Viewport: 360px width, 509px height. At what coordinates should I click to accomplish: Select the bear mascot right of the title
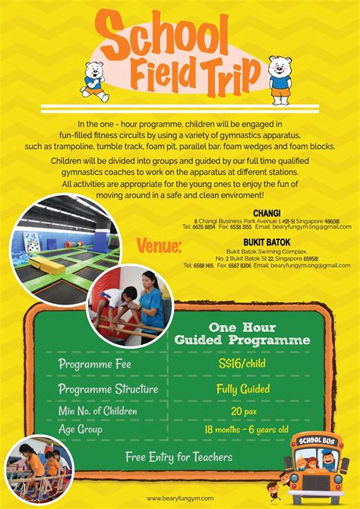[279, 77]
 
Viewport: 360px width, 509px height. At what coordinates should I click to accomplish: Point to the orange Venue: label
[159, 246]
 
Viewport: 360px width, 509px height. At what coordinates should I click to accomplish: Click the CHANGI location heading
[268, 212]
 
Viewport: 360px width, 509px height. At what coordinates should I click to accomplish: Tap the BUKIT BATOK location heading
[267, 238]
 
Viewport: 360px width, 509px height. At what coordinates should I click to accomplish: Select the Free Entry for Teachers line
[179, 457]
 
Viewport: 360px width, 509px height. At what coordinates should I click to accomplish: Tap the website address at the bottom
[180, 499]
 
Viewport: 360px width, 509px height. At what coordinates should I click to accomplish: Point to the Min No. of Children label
[98, 411]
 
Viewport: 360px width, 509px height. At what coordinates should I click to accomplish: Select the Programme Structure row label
[109, 389]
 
